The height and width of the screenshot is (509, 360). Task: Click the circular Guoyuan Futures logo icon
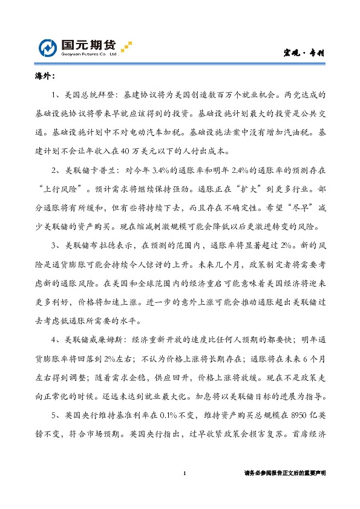(x=49, y=48)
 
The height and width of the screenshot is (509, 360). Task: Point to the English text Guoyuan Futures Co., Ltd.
(x=88, y=54)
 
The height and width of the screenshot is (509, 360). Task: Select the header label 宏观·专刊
(x=304, y=53)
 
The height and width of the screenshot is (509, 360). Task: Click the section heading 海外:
(x=45, y=77)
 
